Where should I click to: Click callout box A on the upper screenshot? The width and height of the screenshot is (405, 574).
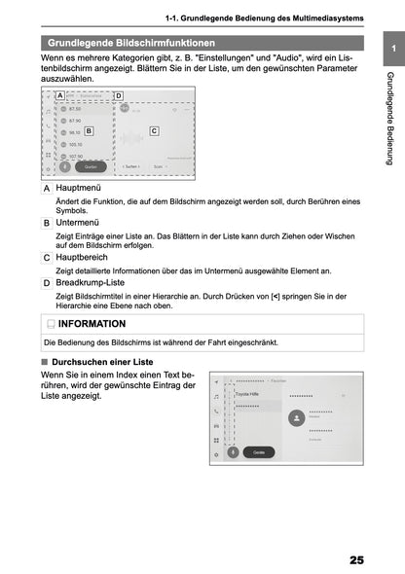click(x=60, y=95)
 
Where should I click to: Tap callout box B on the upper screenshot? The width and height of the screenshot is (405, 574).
click(x=89, y=129)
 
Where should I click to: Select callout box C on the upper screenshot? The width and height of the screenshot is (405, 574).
click(x=154, y=129)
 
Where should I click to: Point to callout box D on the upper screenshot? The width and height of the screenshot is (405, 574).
click(x=119, y=95)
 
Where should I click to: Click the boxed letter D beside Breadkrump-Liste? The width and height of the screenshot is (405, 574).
click(x=47, y=283)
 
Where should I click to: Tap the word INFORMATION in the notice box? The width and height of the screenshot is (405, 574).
click(x=92, y=323)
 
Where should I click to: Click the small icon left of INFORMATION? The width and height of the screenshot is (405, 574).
click(x=51, y=323)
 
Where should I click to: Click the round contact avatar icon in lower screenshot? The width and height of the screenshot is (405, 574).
click(x=297, y=416)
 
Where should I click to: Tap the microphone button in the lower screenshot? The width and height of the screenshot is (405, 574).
click(x=233, y=451)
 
